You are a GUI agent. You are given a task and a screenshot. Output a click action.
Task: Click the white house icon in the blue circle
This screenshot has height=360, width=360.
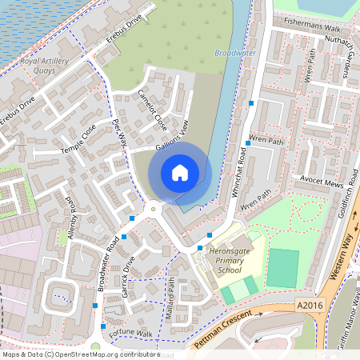coord(180,172)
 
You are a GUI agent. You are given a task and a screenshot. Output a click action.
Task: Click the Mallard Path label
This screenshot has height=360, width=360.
coord(170,295)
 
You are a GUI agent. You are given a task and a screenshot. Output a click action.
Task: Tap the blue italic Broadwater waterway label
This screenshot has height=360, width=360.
coord(235,53)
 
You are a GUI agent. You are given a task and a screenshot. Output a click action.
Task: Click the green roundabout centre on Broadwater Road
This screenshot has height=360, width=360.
coord(153,210)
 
